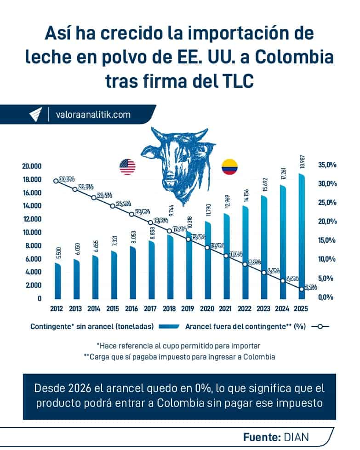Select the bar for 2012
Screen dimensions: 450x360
tap(57, 280)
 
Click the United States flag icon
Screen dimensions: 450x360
tap(127, 166)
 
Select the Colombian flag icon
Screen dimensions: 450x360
tap(229, 166)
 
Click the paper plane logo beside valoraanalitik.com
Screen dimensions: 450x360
tap(35, 114)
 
